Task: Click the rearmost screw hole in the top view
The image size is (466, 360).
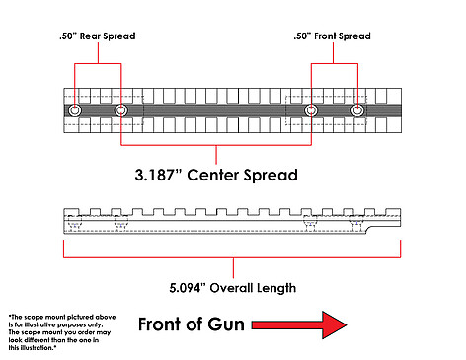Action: [75, 110]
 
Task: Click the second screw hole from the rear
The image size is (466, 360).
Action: [121, 110]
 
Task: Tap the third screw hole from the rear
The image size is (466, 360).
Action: [311, 110]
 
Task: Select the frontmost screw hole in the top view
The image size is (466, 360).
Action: [357, 110]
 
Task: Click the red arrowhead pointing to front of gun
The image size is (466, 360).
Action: [334, 324]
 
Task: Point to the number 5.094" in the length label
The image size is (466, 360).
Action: [187, 288]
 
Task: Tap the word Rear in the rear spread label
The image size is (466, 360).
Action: [90, 36]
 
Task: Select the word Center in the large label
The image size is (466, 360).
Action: [213, 175]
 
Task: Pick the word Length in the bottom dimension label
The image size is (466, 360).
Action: [276, 288]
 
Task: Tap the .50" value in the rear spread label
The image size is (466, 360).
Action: [68, 36]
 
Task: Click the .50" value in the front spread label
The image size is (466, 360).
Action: [302, 36]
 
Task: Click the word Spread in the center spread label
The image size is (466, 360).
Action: [271, 176]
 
